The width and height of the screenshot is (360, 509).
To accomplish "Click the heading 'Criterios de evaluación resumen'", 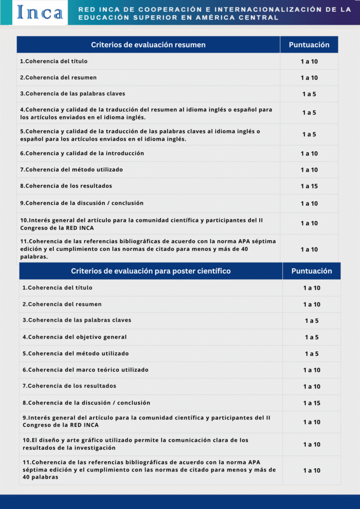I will tap(148, 45).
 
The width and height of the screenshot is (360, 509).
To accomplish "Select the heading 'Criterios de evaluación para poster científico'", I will tap(151, 271).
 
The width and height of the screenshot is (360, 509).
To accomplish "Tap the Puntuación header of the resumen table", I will tap(309, 45).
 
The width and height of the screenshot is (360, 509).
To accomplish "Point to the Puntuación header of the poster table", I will tap(312, 271).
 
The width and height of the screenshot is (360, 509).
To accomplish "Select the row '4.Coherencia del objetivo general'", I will tap(75, 337).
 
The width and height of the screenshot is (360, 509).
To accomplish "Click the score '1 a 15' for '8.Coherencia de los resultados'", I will tap(309, 186).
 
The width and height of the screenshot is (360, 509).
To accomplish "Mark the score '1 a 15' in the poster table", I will tap(312, 403).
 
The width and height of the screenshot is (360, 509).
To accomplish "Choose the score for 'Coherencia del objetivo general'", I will tap(312, 338).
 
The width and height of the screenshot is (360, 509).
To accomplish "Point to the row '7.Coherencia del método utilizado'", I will tap(72, 170).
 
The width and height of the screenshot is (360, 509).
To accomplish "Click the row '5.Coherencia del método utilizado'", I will tap(76, 353).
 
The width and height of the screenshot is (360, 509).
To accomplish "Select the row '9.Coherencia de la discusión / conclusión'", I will tap(82, 203).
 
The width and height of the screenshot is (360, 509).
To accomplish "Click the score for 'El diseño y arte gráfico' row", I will tap(312, 444).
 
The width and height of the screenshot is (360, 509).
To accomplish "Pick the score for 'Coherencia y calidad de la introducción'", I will tap(309, 154).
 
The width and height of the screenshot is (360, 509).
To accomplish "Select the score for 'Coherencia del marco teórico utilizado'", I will tap(312, 370).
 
